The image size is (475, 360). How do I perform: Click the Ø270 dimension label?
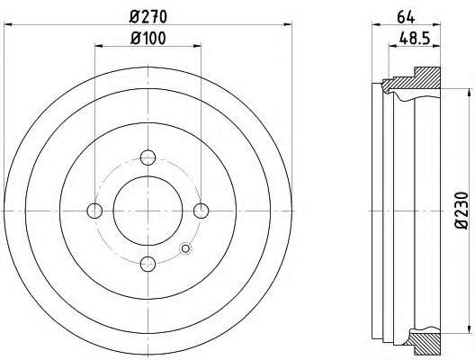click(x=148, y=17)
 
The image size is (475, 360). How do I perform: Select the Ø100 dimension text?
click(x=148, y=39)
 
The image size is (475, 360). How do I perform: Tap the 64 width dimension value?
click(x=406, y=18)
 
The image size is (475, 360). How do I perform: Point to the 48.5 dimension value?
click(x=415, y=39)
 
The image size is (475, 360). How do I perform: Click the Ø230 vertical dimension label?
click(x=462, y=211)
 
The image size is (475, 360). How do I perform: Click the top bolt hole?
click(x=148, y=157)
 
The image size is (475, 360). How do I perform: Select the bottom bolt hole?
click(x=148, y=264)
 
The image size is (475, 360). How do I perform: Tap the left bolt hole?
click(x=94, y=211)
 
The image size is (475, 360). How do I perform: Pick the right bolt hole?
click(x=202, y=211)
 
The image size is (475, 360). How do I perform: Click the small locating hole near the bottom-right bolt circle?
click(x=185, y=248)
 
